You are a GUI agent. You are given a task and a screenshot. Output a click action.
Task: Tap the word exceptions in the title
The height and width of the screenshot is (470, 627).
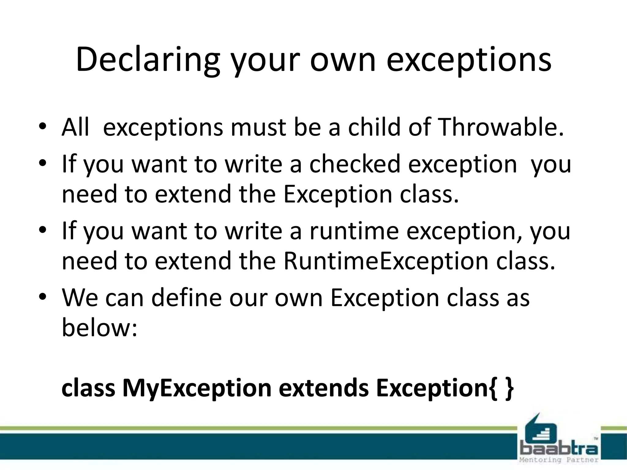pyautogui.click(x=469, y=60)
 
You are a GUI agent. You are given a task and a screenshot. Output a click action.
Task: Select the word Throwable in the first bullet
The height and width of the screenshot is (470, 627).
pyautogui.click(x=501, y=127)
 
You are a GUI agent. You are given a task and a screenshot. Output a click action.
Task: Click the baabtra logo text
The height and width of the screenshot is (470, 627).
pyautogui.click(x=559, y=450)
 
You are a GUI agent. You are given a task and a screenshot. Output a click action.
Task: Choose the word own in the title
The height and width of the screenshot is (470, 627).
pyautogui.click(x=343, y=60)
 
